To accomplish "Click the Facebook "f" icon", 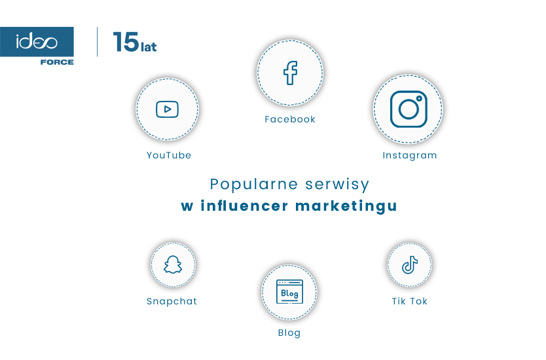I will click(x=290, y=73).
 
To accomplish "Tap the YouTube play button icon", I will click(x=167, y=109).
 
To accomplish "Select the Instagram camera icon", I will click(x=408, y=109).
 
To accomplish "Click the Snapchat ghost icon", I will click(x=173, y=265).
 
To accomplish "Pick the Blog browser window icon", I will click(x=289, y=292).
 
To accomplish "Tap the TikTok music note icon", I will click(x=409, y=265).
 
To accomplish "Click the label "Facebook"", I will click(x=290, y=119).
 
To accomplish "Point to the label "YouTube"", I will click(x=169, y=155).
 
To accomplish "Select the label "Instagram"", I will click(x=410, y=155).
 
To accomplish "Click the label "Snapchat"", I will click(x=172, y=301).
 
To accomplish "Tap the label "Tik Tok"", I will click(x=410, y=301).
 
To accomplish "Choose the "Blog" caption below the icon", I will click(x=289, y=333).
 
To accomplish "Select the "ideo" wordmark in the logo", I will click(x=37, y=43).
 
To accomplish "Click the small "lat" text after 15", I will click(x=149, y=46).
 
